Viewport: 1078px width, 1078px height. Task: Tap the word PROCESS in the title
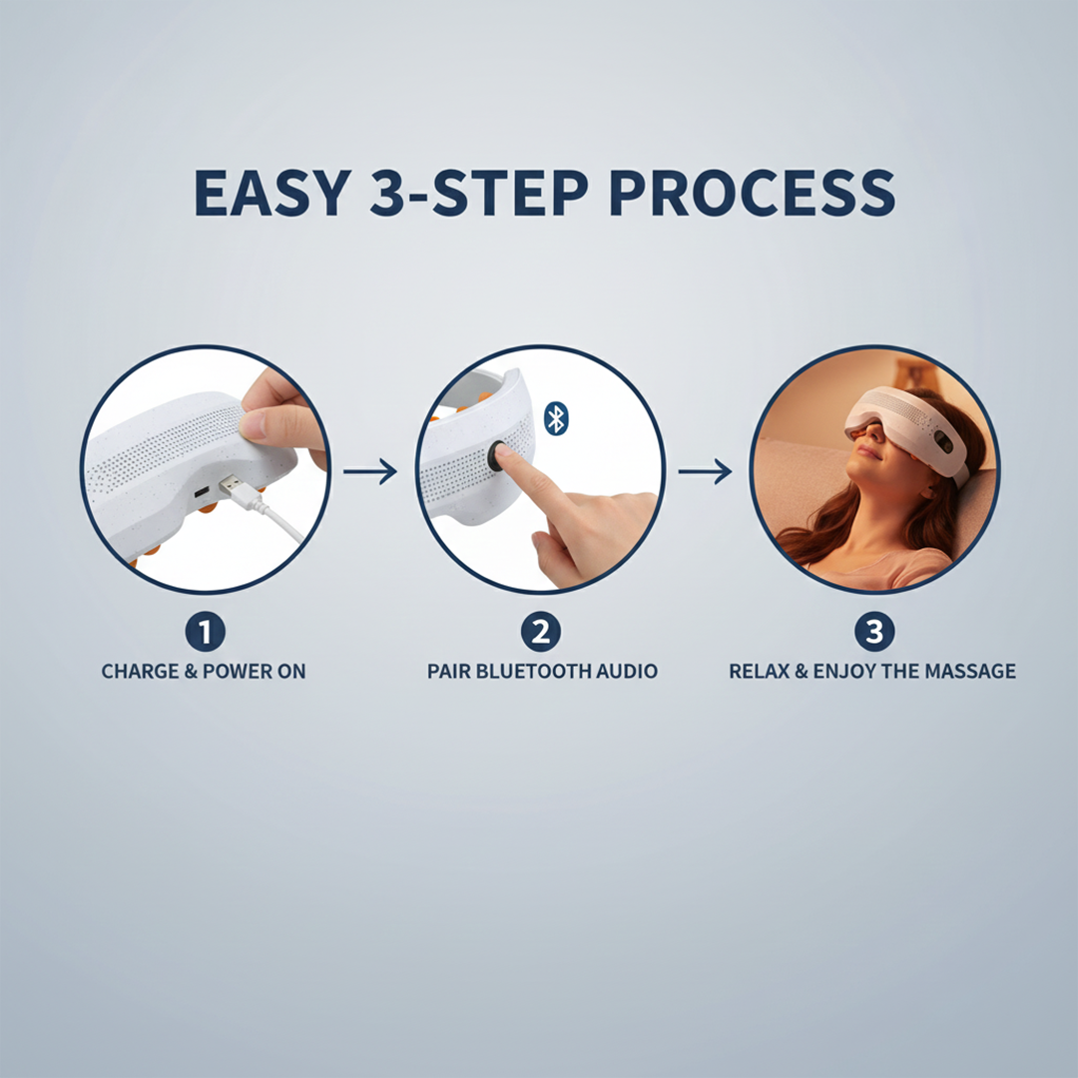tap(752, 193)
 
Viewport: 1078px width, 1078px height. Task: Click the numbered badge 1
tap(205, 631)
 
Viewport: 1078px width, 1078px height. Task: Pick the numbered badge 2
tap(540, 631)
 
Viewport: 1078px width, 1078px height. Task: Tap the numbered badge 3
tap(874, 631)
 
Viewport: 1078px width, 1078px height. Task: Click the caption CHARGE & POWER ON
tap(204, 672)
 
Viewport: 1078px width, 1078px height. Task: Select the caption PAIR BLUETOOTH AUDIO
tap(542, 672)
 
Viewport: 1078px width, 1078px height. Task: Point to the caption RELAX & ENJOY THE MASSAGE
tap(872, 672)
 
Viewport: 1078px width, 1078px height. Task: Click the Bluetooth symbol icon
tap(556, 418)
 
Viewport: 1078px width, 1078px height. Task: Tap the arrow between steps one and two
tap(370, 471)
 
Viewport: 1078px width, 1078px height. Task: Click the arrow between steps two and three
tap(705, 471)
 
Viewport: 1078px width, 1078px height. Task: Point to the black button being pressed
tap(496, 457)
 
